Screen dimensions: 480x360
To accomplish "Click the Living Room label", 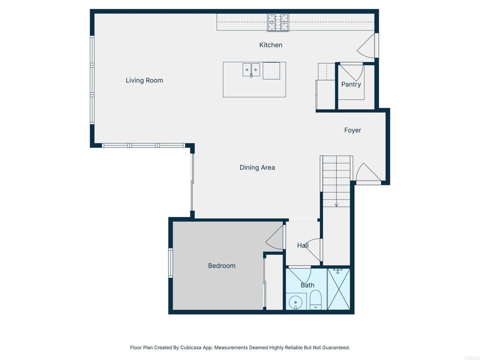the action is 144,81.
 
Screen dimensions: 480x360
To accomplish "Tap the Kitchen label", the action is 270,45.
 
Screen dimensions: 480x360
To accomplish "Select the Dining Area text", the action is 257,167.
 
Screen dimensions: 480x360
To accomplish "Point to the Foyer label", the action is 352,130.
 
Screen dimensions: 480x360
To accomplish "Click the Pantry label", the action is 351,84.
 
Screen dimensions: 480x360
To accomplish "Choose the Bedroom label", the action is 222,266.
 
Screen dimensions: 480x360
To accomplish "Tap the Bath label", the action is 307,285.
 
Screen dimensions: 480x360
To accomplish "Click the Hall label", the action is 303,246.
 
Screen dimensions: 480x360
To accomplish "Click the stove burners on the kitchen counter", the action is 278,22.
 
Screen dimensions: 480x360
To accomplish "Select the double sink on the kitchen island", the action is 251,70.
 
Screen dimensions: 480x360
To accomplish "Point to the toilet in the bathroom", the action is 315,300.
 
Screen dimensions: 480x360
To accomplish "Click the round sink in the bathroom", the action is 295,302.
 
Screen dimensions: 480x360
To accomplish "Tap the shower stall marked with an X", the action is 338,289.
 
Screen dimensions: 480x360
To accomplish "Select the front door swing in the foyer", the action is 368,173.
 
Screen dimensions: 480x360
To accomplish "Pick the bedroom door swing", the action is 275,237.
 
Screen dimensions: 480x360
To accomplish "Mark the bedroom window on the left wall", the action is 171,263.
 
